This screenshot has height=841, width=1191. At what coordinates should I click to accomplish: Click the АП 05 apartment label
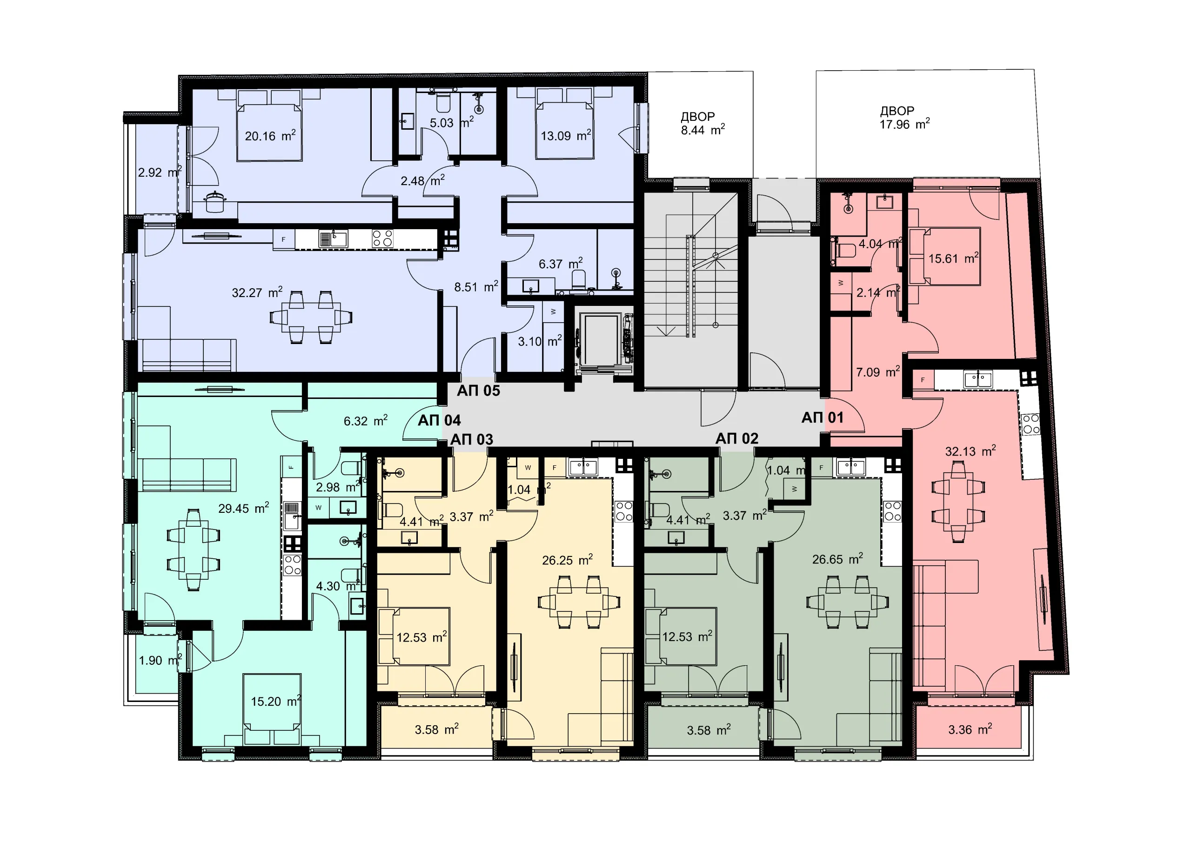coord(478,391)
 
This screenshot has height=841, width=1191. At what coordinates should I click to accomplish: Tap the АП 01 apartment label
coord(823,417)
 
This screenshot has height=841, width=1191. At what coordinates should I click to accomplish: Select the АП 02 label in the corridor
coord(736,439)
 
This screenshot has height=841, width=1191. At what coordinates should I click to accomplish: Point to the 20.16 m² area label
coord(270,136)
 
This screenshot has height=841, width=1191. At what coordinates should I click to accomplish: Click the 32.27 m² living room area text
coord(257,292)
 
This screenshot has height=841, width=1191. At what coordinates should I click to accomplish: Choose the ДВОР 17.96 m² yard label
coord(905,118)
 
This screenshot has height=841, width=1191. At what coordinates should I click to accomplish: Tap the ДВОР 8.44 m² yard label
coord(703,123)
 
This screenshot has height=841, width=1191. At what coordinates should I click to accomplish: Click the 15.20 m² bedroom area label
coord(276,702)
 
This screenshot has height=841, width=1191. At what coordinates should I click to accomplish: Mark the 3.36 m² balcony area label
coord(970,729)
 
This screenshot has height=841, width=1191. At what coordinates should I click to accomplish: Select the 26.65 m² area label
coord(838,559)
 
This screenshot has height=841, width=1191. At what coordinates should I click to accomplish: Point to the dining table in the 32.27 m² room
coord(311,317)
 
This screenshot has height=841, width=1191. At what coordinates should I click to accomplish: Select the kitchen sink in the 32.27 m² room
coord(333,239)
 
